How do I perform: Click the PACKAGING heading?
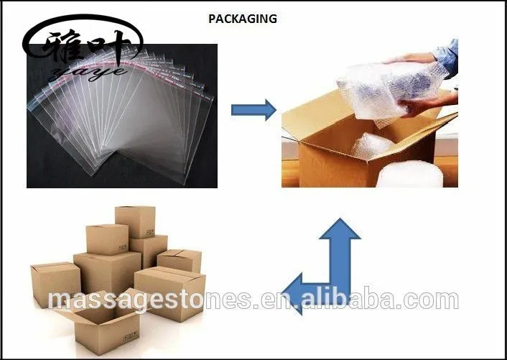click(x=242, y=19)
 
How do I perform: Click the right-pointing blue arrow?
click(x=253, y=109)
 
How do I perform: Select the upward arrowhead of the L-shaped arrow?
click(x=340, y=231)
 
